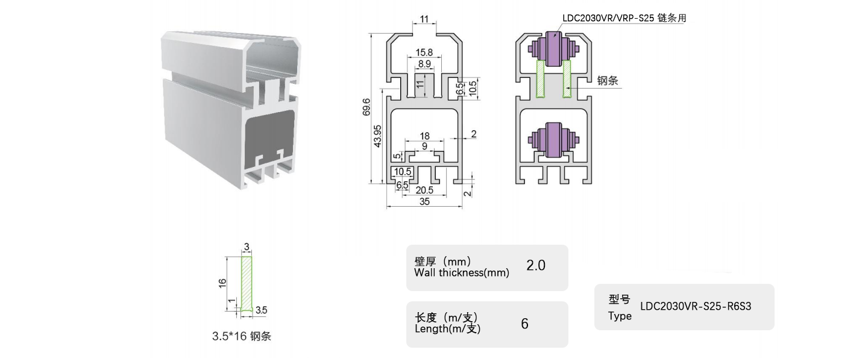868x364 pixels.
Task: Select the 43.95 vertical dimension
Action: coord(377,137)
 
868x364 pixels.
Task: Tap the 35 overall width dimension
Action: coord(424,202)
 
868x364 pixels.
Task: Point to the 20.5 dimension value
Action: coord(424,189)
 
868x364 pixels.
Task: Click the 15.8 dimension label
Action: coord(424,52)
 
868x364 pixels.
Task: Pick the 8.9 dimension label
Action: coord(424,64)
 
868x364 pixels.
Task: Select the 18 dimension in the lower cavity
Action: coord(424,136)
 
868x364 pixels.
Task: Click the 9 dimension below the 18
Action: coord(424,146)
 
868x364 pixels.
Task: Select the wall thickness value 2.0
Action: coord(536,265)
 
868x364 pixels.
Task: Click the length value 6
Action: coord(524,324)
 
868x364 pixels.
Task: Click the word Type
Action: coord(620,316)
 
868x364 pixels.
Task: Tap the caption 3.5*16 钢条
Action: coord(242,336)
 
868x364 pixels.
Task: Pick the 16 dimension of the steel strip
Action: coord(222,281)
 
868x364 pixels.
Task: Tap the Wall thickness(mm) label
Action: coord(462,272)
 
